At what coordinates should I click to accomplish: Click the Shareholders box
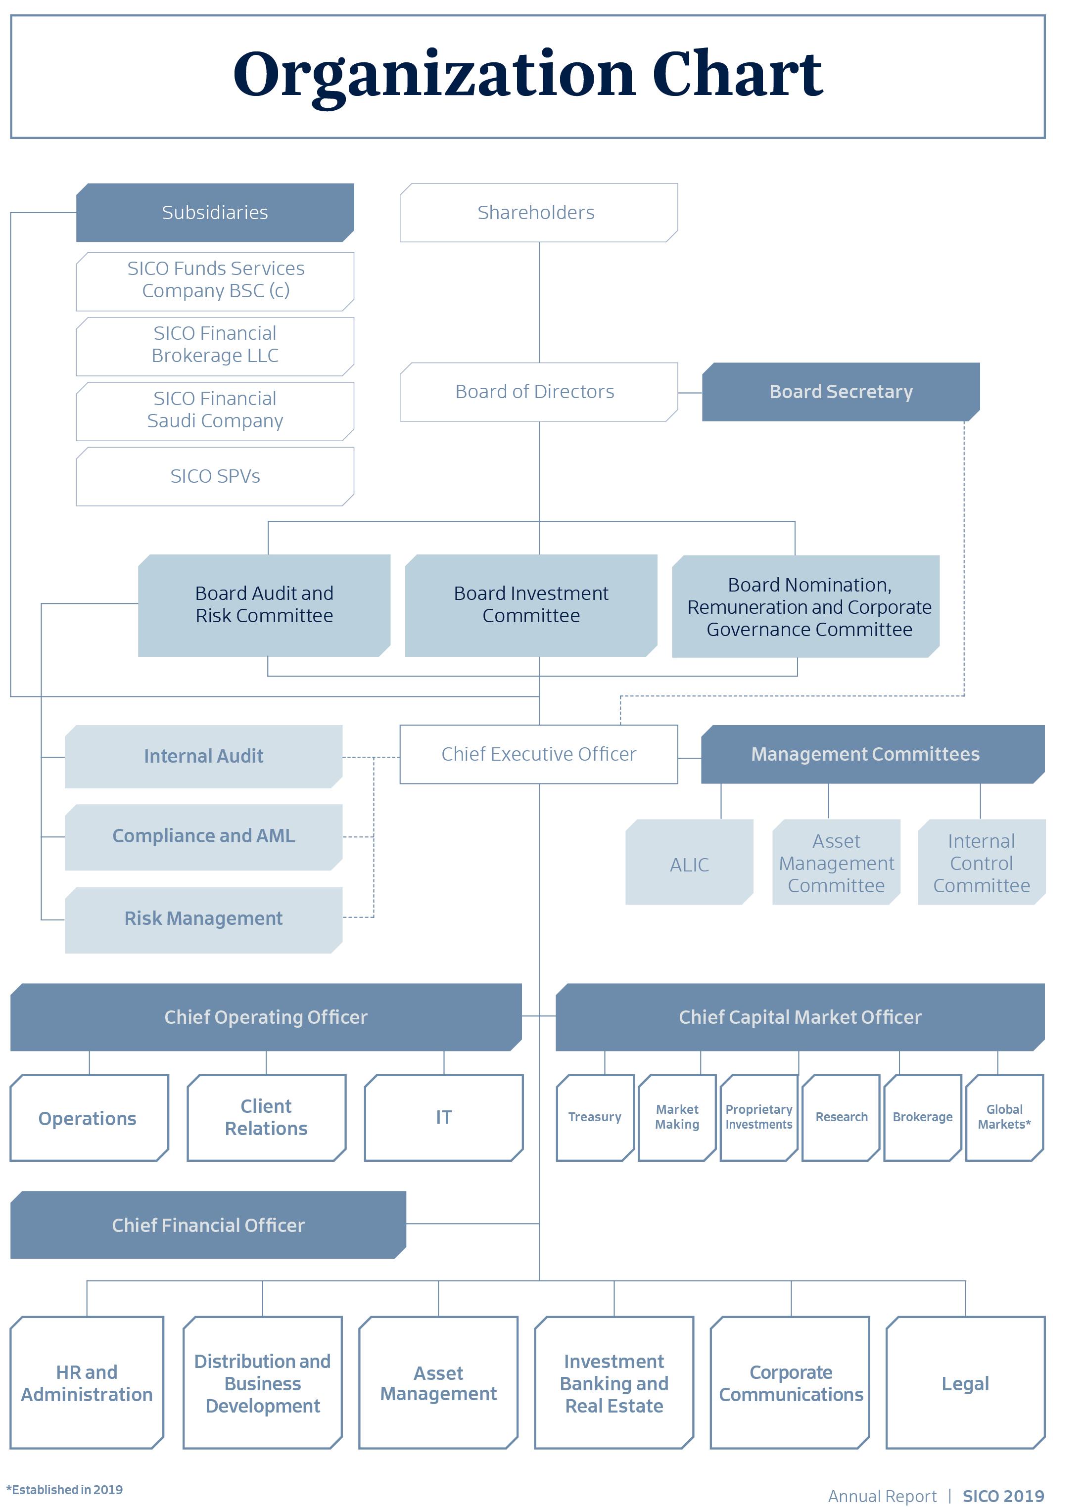[538, 213]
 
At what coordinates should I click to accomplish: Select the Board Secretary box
[841, 392]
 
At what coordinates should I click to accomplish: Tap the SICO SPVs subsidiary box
[215, 476]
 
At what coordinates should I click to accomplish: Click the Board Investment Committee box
[531, 605]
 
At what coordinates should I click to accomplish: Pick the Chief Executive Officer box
[538, 754]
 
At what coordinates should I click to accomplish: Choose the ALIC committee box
[689, 862]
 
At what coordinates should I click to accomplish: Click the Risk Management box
[203, 920]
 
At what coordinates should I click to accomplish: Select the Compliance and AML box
[203, 837]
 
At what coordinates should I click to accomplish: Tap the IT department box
[444, 1118]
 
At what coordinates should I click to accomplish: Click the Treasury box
[595, 1118]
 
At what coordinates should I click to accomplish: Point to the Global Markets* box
[1004, 1118]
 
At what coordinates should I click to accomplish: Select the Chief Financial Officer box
[208, 1225]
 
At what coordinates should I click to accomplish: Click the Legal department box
[965, 1383]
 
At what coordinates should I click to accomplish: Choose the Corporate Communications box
[790, 1383]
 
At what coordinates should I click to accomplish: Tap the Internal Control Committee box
[982, 862]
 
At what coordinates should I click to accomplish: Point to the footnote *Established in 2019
[64, 1490]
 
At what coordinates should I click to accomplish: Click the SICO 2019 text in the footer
[1003, 1497]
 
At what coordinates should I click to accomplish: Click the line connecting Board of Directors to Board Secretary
[690, 393]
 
